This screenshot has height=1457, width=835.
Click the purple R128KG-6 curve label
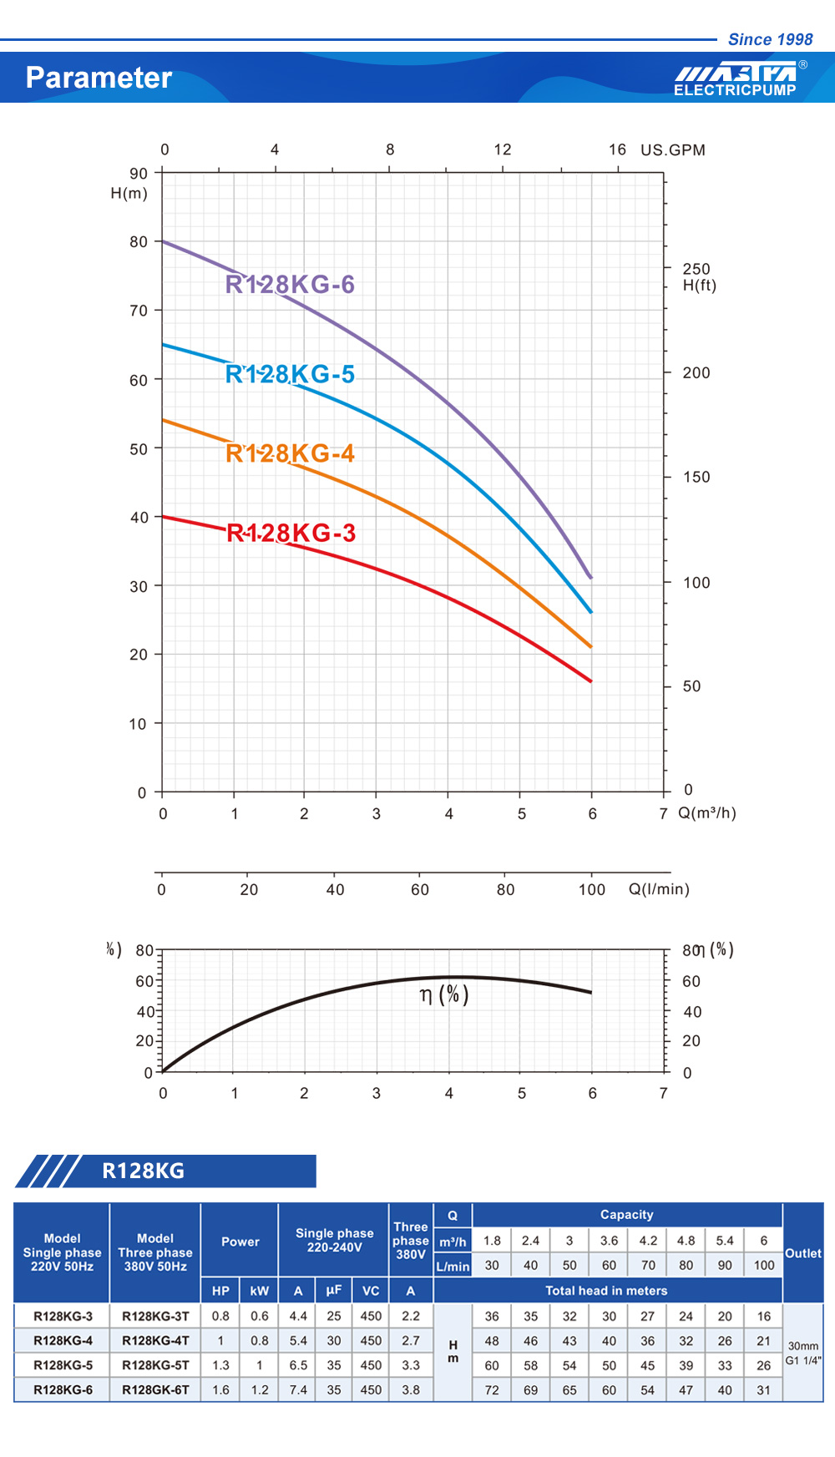coord(290,285)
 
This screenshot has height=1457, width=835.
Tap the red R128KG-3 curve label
coord(291,533)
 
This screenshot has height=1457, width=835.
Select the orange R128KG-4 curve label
coord(290,453)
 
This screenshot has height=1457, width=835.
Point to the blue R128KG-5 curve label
coord(290,374)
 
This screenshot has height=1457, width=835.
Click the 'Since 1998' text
coord(770,39)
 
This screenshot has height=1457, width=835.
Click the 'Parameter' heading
coord(99,78)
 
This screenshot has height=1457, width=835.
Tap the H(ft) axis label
coord(699,286)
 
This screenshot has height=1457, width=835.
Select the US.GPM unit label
coord(672,150)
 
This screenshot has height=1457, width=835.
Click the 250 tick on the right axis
coord(696,269)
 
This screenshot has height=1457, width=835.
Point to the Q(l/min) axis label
coord(659,889)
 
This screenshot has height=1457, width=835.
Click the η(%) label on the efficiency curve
coord(443,994)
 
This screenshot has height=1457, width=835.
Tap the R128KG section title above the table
coord(143,1171)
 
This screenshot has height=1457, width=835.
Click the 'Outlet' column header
coord(802,1253)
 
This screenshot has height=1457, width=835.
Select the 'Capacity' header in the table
coord(626,1215)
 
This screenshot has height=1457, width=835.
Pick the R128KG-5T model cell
coord(155,1365)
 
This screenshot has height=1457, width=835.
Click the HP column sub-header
coord(220,1291)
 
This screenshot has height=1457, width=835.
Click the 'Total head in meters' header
coord(606,1291)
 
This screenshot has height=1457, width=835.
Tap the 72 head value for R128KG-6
coord(492,1390)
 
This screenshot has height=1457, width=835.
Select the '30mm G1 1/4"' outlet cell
coord(802,1353)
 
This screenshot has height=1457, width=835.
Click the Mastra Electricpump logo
coord(736,78)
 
